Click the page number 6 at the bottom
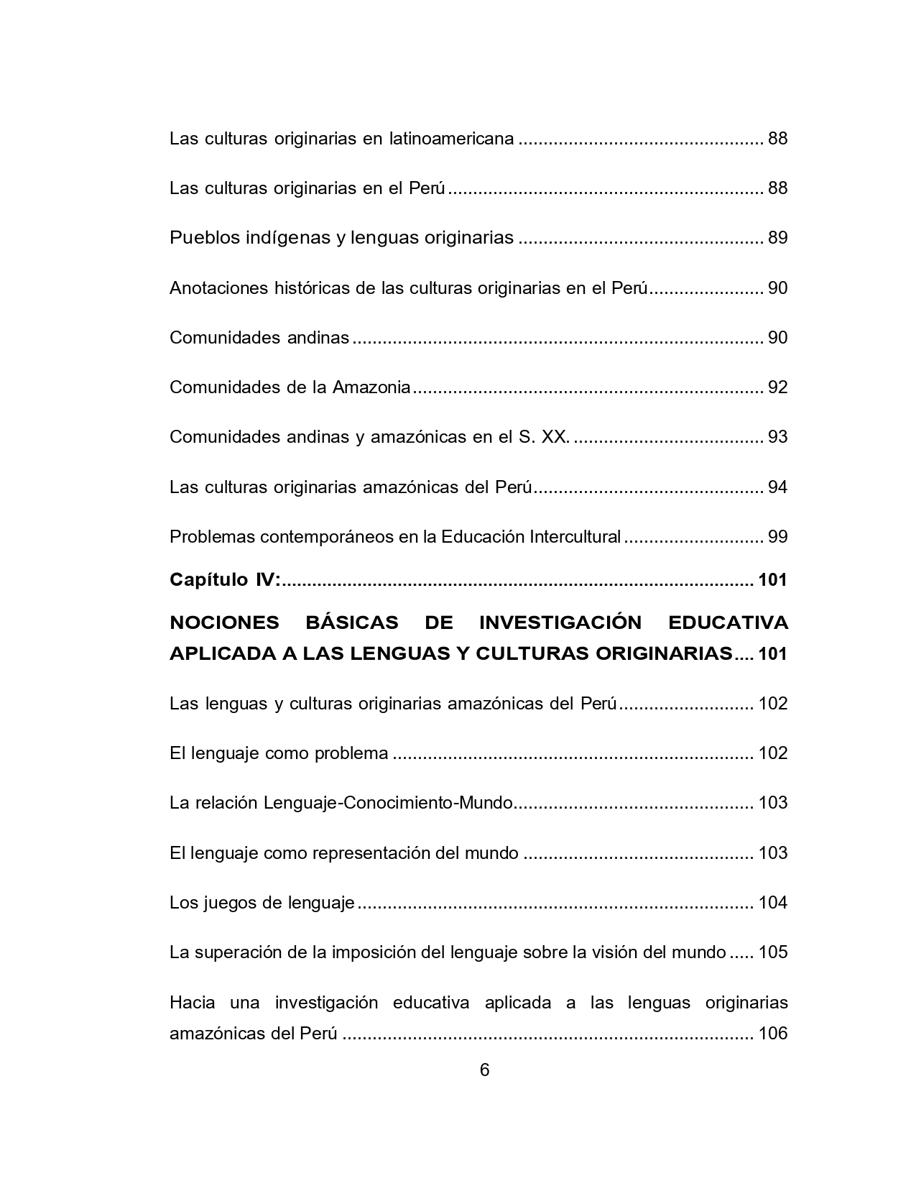coord(484,1070)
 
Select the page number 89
coord(777,237)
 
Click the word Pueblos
coord(201,237)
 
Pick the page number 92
coord(777,387)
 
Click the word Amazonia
coord(371,387)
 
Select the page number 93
coord(777,437)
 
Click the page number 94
coord(777,487)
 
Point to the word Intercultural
coord(575,537)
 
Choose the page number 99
coord(777,537)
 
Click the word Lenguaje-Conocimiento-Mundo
coord(388,803)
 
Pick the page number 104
coord(773,903)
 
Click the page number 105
coord(773,952)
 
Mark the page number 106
coord(773,1034)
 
